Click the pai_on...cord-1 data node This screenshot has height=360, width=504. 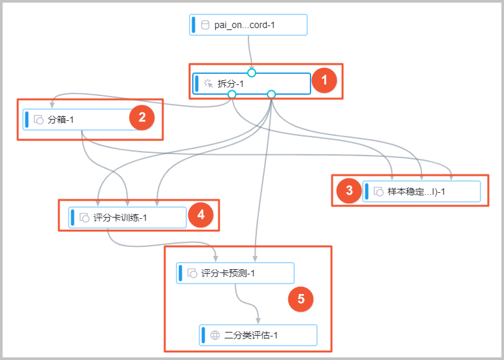248,25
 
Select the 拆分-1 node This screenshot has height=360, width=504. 252,84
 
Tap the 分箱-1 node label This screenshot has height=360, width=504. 60,120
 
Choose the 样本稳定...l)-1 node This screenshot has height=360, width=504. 422,191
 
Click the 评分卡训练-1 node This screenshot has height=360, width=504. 127,218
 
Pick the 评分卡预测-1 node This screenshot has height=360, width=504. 235,273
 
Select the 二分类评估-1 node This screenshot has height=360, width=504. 258,335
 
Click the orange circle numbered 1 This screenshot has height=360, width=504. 324,80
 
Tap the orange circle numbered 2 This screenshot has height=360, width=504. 142,118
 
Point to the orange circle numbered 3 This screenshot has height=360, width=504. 349,191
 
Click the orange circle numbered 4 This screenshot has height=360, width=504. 201,214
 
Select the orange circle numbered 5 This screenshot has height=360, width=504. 301,299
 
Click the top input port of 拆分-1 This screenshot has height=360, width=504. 252,73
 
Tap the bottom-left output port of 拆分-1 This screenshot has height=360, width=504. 232,94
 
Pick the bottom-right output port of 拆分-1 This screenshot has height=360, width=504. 271,94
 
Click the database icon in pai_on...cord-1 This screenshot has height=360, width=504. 205,25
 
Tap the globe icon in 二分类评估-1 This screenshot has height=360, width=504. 214,335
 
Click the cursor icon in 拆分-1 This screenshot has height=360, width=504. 209,84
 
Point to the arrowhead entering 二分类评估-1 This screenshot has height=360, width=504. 258,321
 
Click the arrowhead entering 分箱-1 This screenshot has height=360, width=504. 52,105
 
